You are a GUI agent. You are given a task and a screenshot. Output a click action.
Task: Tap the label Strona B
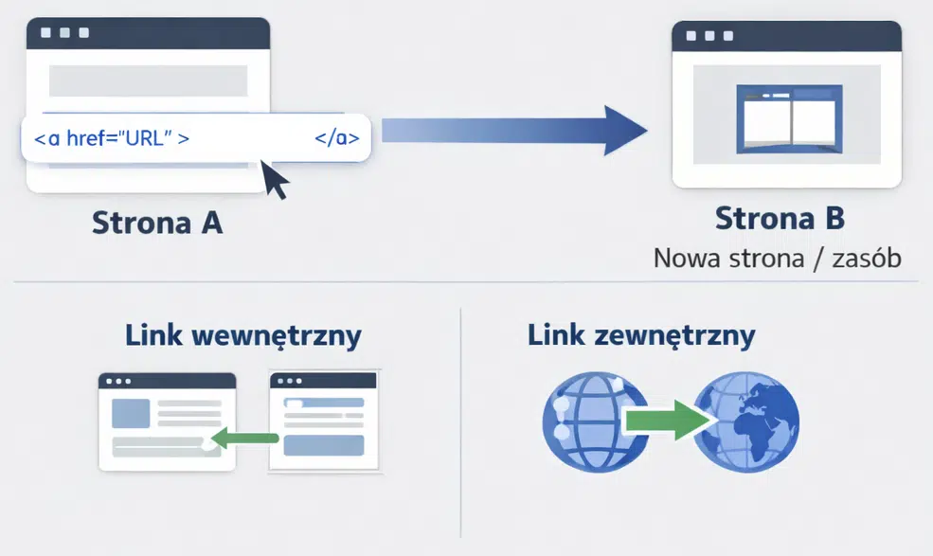tap(780, 218)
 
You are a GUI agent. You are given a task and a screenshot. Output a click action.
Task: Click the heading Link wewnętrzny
tap(243, 335)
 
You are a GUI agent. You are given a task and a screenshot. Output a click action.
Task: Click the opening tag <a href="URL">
tap(112, 138)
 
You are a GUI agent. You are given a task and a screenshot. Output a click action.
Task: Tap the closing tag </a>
tap(336, 138)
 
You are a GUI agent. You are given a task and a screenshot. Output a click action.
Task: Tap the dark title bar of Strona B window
tap(786, 36)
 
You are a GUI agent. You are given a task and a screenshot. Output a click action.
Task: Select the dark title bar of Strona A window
tap(148, 32)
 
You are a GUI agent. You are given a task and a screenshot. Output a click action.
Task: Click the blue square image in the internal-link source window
tap(131, 413)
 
